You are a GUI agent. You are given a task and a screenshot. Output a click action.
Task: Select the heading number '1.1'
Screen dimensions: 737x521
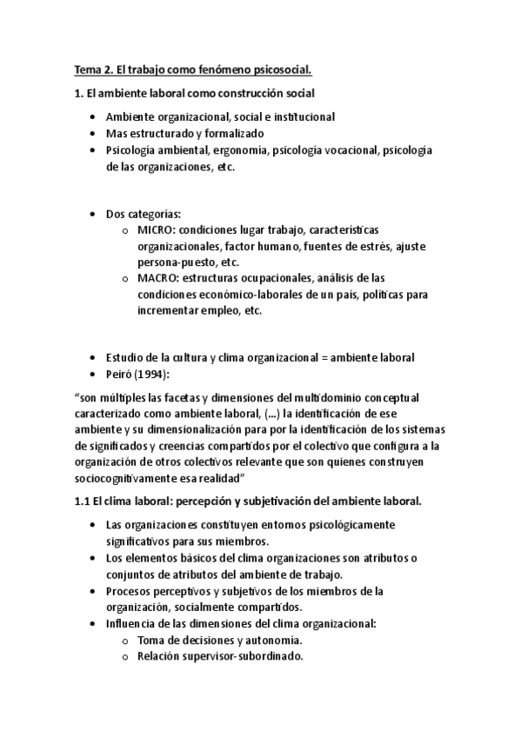pyautogui.click(x=83, y=501)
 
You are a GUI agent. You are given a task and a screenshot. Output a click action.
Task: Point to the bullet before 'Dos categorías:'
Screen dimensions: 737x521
pyautogui.click(x=94, y=214)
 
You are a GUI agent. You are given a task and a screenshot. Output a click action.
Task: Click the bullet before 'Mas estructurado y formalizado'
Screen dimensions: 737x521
pyautogui.click(x=94, y=133)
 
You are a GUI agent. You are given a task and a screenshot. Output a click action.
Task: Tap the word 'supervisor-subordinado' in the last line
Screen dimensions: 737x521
pyautogui.click(x=244, y=656)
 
